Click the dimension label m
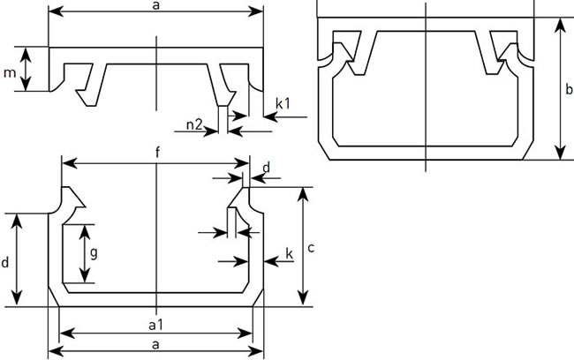(9, 70)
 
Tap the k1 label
(284, 104)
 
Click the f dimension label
(156, 152)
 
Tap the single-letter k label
(290, 254)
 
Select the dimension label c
(311, 248)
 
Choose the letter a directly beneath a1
(155, 342)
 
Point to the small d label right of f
(266, 165)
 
